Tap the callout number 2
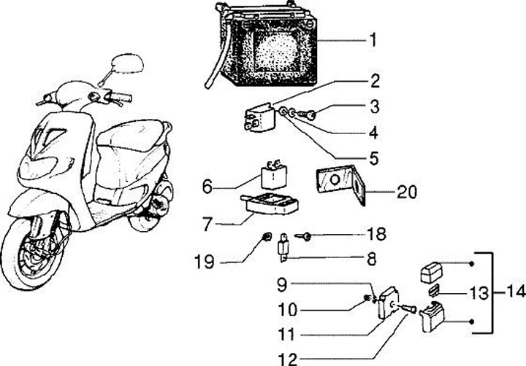pos(373,79)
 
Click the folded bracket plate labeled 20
pos(339,183)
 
